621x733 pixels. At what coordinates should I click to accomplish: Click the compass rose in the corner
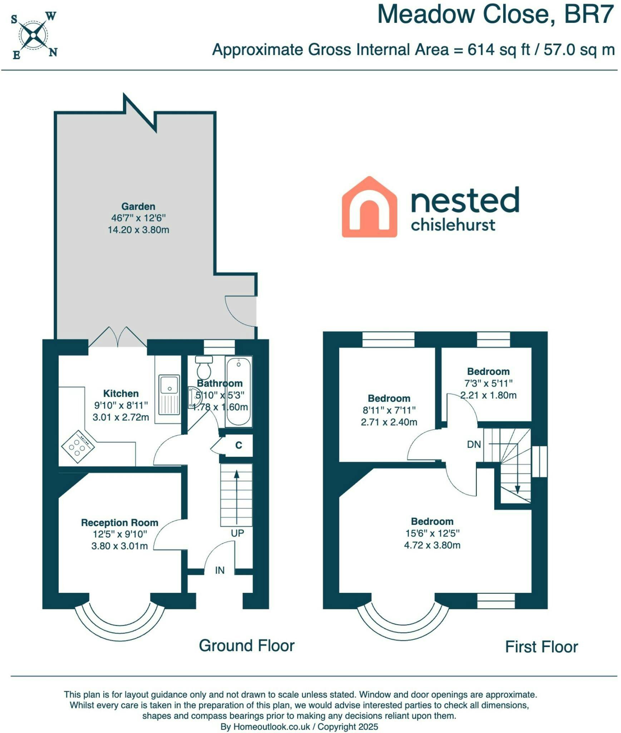click(x=34, y=35)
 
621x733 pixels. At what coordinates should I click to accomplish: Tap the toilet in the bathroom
click(x=204, y=367)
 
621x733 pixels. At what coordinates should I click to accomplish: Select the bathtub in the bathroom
click(x=238, y=392)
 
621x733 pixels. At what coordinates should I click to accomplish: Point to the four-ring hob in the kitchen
click(x=78, y=446)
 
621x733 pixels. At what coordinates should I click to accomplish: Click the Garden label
click(x=138, y=207)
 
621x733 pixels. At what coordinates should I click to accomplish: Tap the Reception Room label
click(x=120, y=523)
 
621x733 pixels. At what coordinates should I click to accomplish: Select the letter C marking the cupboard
click(x=239, y=445)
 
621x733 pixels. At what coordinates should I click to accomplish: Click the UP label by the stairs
click(x=237, y=533)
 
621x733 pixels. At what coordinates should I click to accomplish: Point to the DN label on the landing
click(x=474, y=445)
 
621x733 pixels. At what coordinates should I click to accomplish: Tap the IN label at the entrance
click(x=220, y=570)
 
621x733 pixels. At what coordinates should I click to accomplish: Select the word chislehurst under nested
click(x=453, y=225)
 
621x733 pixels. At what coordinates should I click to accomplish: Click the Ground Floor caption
click(x=247, y=646)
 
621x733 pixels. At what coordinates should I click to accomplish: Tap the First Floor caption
click(x=542, y=647)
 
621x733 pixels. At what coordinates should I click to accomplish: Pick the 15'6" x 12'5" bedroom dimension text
click(x=432, y=533)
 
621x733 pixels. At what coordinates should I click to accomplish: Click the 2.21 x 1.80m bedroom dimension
click(x=488, y=395)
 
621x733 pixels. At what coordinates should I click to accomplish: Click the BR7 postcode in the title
click(x=589, y=15)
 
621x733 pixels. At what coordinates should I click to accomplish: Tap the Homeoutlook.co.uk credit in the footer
click(x=272, y=727)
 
